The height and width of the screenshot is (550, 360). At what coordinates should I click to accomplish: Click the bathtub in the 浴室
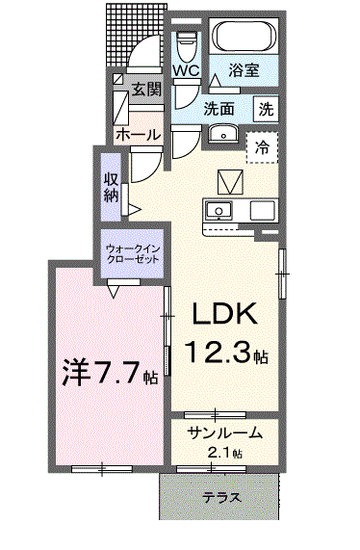tap(244, 37)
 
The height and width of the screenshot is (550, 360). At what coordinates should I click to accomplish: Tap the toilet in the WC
tap(187, 46)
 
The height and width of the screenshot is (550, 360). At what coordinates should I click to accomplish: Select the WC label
tap(187, 71)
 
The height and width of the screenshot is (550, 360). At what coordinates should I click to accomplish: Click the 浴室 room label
tap(244, 69)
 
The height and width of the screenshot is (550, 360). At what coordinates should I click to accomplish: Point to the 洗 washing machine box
tap(266, 110)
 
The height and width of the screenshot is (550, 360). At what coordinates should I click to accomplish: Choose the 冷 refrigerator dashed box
tap(262, 147)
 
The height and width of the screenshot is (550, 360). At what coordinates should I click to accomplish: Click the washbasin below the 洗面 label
tap(223, 134)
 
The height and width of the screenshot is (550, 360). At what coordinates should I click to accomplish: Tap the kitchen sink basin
tap(219, 210)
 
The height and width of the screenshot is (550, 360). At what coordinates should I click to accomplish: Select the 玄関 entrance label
tap(146, 89)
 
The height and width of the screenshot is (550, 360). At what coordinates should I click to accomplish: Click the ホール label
tap(138, 134)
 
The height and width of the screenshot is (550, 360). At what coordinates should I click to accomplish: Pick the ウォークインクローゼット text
tap(133, 254)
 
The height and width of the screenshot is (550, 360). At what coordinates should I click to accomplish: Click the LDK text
tap(224, 313)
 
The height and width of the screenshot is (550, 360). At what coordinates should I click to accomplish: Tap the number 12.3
tap(218, 352)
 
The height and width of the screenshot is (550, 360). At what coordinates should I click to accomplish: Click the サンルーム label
tap(225, 433)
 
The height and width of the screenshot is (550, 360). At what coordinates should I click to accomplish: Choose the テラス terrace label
tap(222, 497)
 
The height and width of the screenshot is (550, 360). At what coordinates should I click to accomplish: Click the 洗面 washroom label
tap(219, 109)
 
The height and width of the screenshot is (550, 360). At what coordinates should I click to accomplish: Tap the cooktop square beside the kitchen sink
tap(263, 210)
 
